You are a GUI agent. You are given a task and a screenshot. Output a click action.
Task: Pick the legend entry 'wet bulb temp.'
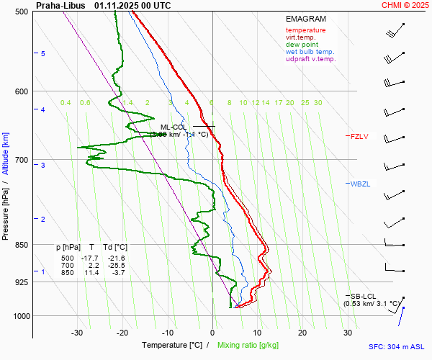[x=310, y=52]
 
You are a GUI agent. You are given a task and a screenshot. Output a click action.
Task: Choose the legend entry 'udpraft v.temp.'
[x=310, y=59]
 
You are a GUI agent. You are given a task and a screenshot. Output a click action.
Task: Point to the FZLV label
[x=359, y=136]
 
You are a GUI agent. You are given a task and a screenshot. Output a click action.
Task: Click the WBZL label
[x=360, y=184]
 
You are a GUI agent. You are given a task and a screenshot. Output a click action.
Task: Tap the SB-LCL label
[x=364, y=296]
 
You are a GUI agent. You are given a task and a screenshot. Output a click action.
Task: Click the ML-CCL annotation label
[x=174, y=127]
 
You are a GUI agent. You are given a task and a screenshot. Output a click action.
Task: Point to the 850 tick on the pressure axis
[x=22, y=245]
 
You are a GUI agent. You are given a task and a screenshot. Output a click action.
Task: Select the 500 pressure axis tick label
[x=22, y=12]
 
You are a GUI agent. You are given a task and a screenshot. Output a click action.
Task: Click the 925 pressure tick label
[x=22, y=282]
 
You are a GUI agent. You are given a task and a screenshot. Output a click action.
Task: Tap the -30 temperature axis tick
[x=77, y=333]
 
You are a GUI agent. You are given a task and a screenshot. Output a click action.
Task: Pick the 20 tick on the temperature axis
[x=302, y=333]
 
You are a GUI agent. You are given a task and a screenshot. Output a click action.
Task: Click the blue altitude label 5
[x=43, y=54]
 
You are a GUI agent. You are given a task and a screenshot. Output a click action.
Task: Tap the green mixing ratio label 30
[x=318, y=103]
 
